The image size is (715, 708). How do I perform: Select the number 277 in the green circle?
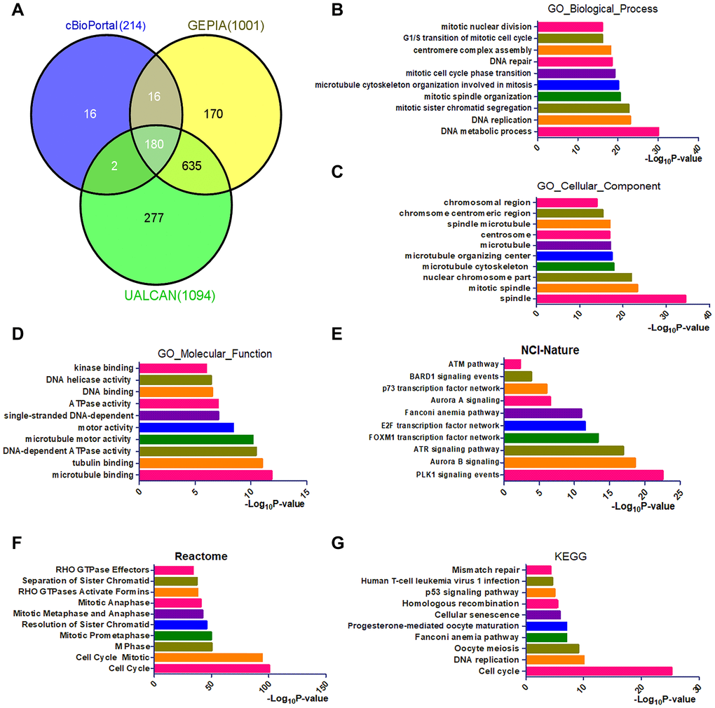tap(154, 218)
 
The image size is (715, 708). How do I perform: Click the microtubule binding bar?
tap(205, 476)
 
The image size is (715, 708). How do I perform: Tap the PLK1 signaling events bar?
tap(583, 476)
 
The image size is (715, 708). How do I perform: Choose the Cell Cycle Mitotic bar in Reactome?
tap(208, 658)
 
